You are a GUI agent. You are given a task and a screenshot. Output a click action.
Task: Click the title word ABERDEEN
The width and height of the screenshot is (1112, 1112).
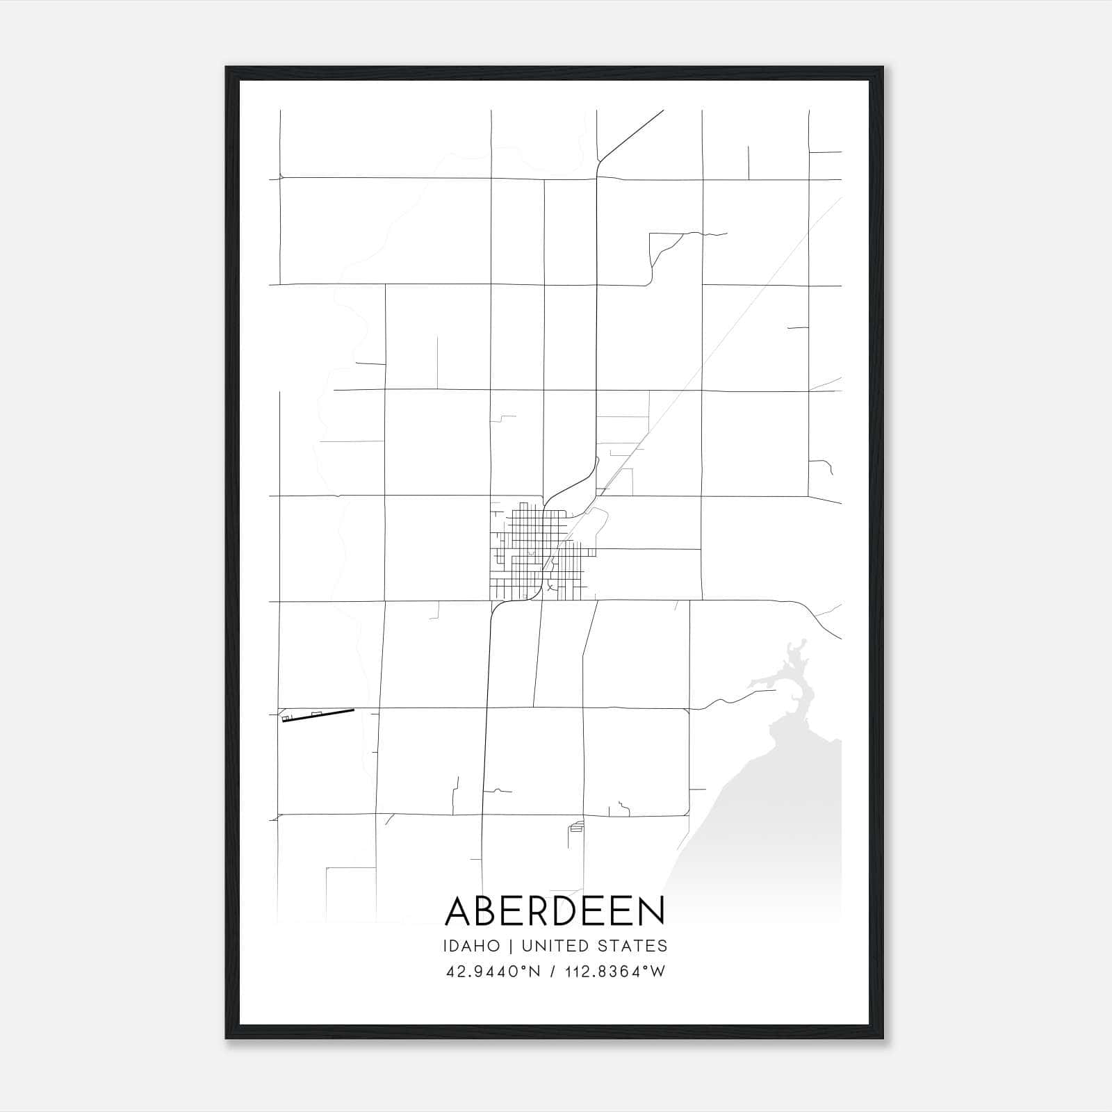555,911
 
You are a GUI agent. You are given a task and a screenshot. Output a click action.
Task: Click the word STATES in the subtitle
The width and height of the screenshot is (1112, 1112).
637,946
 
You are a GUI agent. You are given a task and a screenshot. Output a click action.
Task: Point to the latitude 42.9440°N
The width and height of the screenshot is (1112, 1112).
493,972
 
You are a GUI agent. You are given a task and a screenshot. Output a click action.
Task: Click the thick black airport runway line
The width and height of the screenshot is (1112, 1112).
318,715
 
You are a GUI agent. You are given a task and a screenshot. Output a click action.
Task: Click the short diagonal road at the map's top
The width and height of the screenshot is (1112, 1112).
632,136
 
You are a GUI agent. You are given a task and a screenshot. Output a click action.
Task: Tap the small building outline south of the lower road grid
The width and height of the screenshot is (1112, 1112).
576,826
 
